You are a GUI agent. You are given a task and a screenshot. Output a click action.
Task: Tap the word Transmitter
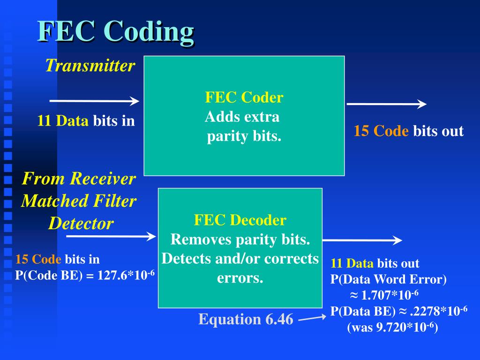click(90, 66)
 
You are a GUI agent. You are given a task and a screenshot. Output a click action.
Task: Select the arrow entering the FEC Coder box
click(94, 101)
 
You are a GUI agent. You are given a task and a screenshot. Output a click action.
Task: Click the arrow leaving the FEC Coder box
click(386, 104)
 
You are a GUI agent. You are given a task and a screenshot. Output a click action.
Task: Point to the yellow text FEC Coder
click(244, 97)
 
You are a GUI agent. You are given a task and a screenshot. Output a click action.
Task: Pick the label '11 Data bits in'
click(86, 121)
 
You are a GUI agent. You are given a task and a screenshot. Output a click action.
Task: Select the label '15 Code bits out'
click(408, 131)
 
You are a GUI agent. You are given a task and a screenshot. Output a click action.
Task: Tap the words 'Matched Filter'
click(79, 201)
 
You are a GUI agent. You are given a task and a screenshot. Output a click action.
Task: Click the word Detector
click(81, 223)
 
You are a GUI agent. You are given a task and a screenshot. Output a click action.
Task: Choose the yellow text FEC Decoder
click(240, 220)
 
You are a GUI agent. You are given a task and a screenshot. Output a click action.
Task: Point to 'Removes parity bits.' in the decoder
click(240, 239)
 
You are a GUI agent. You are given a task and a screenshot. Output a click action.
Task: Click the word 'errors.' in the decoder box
click(240, 278)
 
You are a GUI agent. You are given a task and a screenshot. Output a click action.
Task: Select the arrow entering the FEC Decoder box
click(111, 236)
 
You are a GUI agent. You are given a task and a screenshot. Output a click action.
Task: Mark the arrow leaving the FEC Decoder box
click(362, 240)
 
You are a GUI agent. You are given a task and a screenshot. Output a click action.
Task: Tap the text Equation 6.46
click(246, 319)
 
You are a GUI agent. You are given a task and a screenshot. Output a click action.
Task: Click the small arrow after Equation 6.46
click(312, 319)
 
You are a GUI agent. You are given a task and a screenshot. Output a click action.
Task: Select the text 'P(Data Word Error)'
click(389, 280)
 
